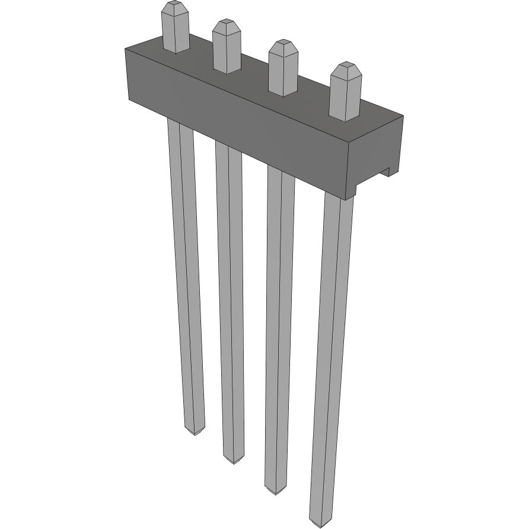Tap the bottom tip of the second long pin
tap(234, 460)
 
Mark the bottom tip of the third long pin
tap(274, 490)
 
